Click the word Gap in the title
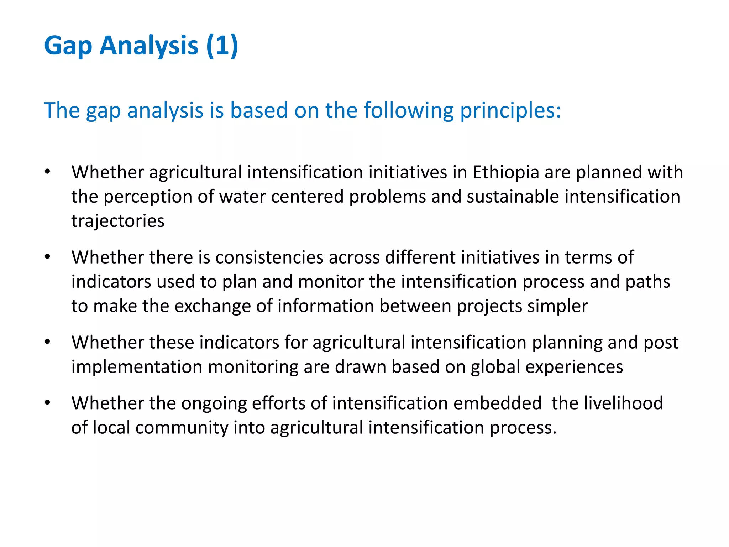pyautogui.click(x=68, y=46)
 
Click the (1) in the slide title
pyautogui.click(x=222, y=46)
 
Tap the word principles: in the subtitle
pyautogui.click(x=510, y=110)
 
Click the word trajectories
pyautogui.click(x=118, y=221)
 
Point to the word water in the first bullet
pyautogui.click(x=242, y=197)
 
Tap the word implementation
pyautogui.click(x=137, y=367)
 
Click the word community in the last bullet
pyautogui.click(x=182, y=427)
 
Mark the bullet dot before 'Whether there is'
pyautogui.click(x=48, y=257)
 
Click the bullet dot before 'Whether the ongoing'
pyautogui.click(x=48, y=403)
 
